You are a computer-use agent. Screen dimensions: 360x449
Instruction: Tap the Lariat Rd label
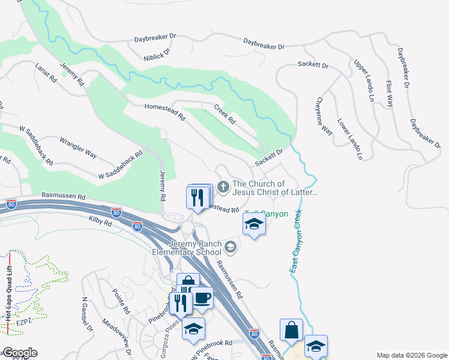coord(46,73)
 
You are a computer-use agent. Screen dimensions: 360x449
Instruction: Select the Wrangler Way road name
coord(79,148)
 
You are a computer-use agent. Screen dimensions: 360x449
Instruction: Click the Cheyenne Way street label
coord(325,116)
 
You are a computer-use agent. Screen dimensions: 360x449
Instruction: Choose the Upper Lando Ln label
coord(364,80)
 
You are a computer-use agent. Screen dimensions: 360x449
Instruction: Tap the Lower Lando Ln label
coord(350,139)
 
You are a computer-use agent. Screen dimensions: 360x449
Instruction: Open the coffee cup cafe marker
coord(202,298)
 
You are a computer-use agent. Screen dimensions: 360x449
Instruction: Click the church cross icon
coord(223,188)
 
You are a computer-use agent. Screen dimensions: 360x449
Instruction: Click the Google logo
coord(20,353)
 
